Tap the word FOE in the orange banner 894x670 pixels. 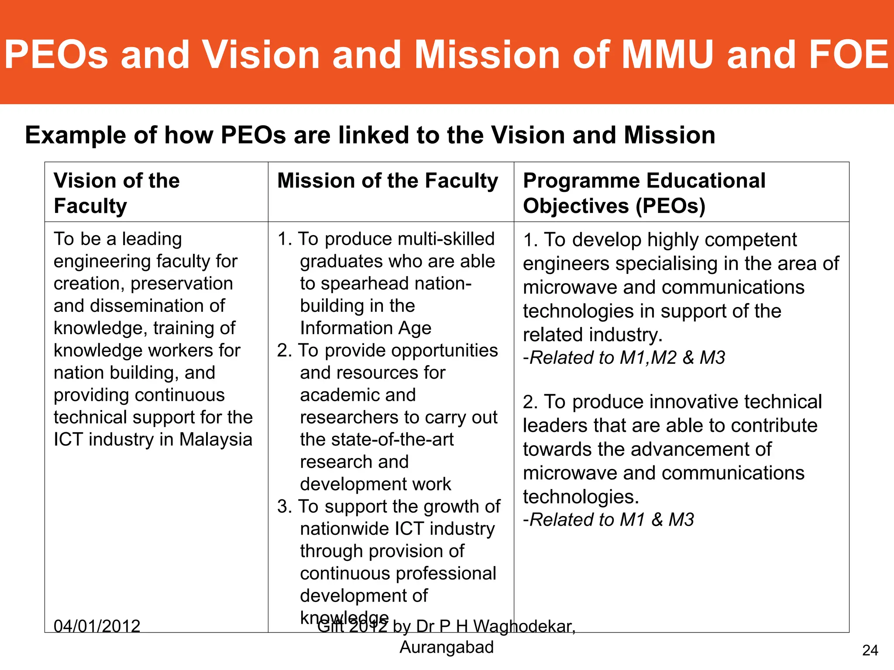(x=849, y=55)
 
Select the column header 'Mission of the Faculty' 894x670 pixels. (x=388, y=181)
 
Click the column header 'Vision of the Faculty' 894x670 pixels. (x=117, y=193)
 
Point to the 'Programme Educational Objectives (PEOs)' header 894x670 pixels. (x=644, y=193)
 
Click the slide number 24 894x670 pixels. (x=870, y=650)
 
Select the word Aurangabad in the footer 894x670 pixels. (x=447, y=647)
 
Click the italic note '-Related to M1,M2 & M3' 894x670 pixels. (x=624, y=358)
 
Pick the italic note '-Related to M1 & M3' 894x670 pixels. (x=609, y=520)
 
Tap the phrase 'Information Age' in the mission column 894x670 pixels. (x=365, y=328)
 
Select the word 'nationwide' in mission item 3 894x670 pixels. (x=344, y=529)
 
